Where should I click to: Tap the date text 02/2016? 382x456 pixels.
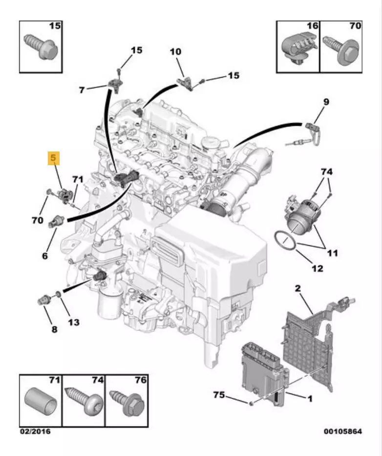[x=35, y=431]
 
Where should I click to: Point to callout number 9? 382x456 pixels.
[x=326, y=102]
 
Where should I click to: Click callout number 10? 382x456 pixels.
[x=175, y=51]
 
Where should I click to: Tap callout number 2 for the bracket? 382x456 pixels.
[x=297, y=289]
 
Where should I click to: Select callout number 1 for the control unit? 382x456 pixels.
[x=309, y=399]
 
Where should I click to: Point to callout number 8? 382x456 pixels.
[x=54, y=329]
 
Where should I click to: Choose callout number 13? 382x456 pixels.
[x=73, y=322]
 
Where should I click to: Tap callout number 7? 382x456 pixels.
[x=82, y=89]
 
